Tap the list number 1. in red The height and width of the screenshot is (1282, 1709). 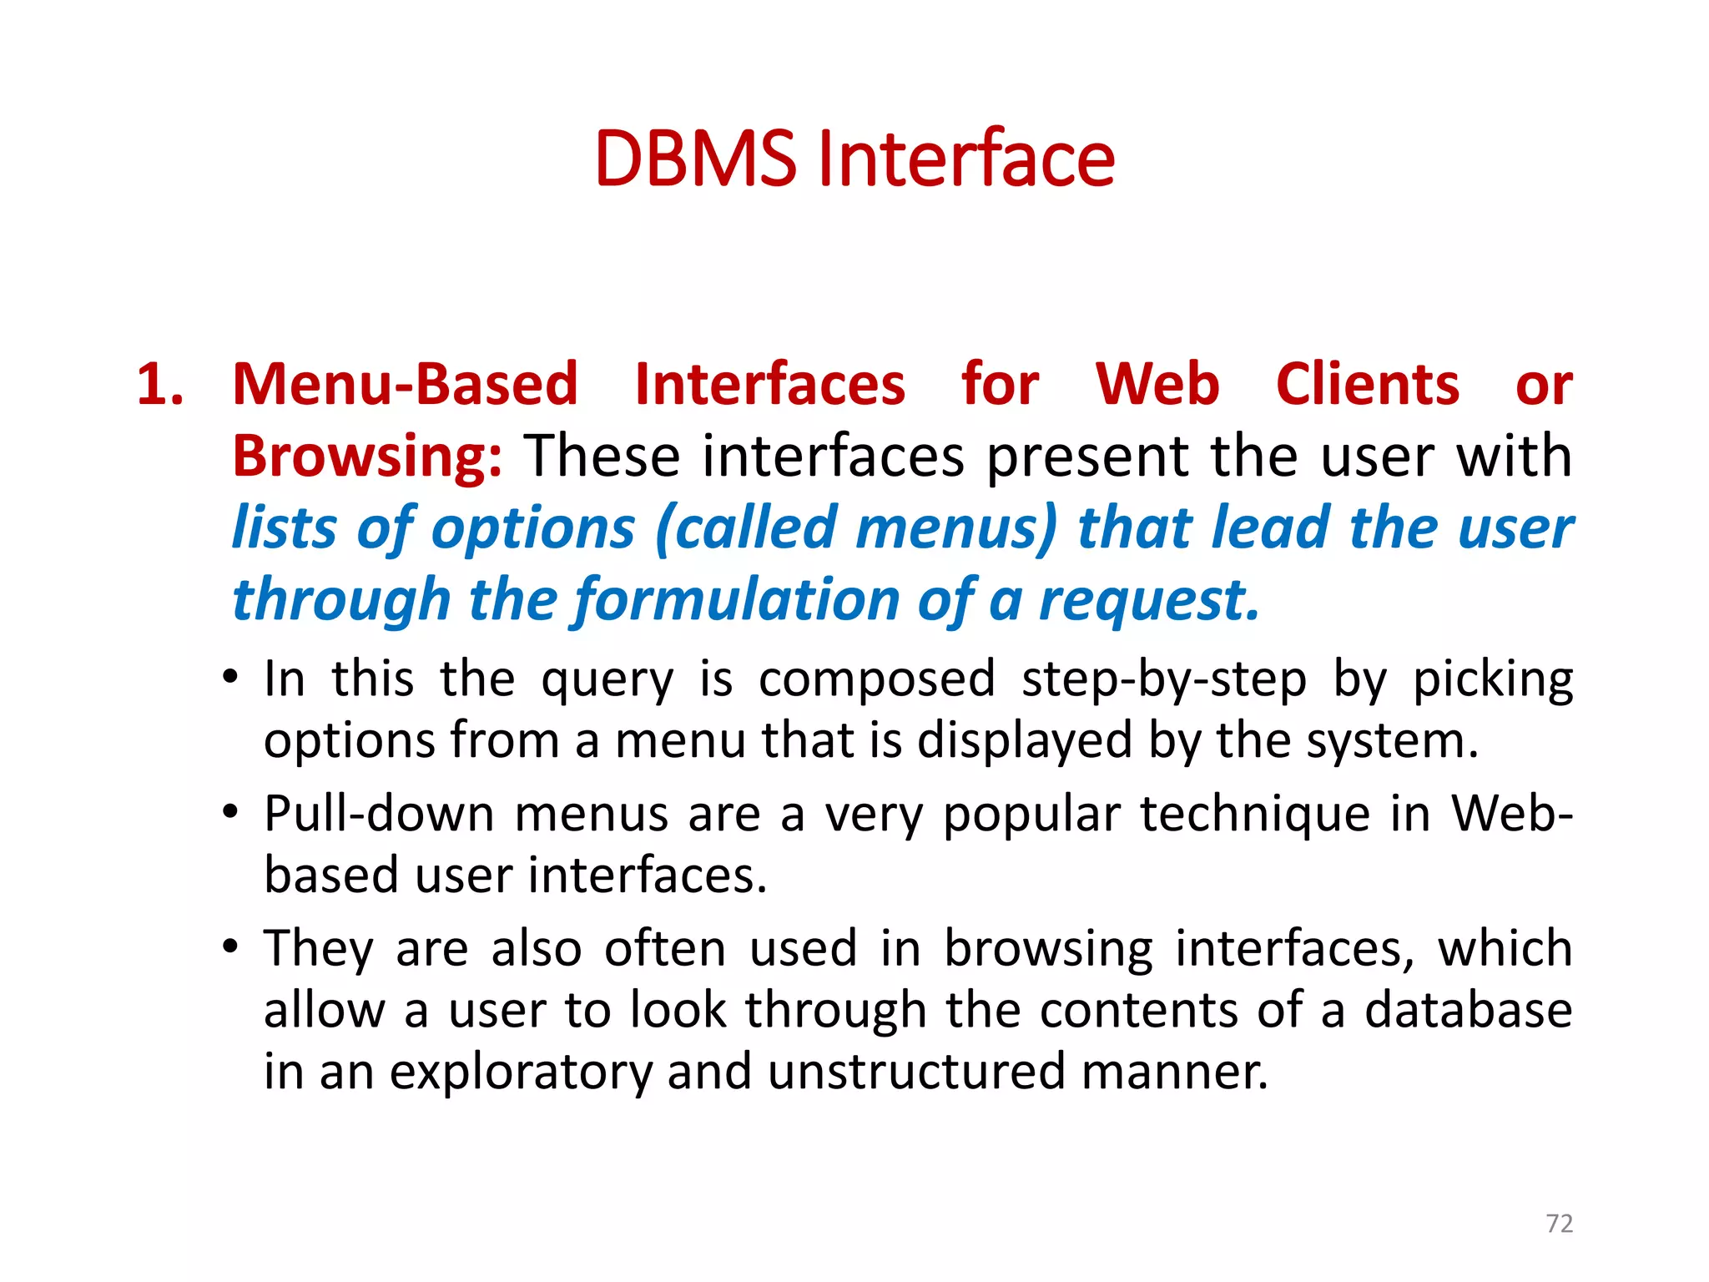click(160, 385)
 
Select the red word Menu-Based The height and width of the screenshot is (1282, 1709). click(405, 385)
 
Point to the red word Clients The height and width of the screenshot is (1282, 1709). click(1367, 385)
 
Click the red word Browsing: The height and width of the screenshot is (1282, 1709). click(367, 457)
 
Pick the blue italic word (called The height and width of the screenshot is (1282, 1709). click(747, 528)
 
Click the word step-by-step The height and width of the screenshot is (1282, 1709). click(1163, 679)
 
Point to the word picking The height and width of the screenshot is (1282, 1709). click(1492, 679)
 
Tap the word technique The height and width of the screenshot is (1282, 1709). click(1255, 813)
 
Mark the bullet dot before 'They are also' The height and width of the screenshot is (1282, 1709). click(231, 946)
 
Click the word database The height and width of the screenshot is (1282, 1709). click(1468, 1010)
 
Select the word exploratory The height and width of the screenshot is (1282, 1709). click(521, 1072)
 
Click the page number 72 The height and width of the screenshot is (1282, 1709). click(1559, 1224)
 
